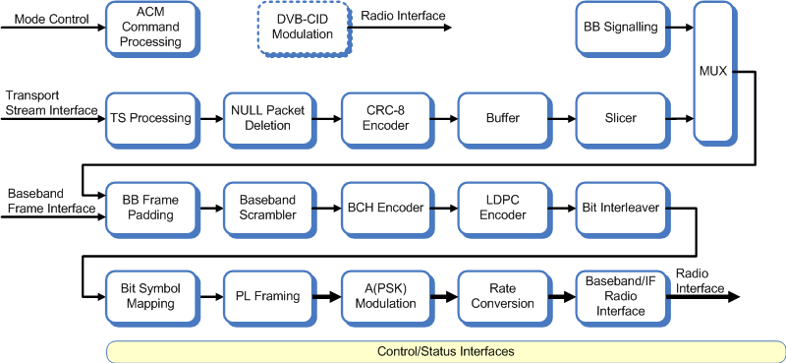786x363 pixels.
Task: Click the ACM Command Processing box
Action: tap(150, 28)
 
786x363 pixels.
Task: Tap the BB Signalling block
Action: tap(621, 28)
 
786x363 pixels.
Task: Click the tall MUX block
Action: tap(712, 71)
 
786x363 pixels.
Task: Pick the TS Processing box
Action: tap(150, 118)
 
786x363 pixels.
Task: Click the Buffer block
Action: tap(503, 118)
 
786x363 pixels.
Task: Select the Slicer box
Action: tap(621, 118)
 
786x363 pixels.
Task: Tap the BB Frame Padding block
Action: tap(150, 208)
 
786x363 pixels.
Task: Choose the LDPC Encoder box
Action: tap(503, 208)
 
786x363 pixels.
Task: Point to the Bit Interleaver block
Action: tap(621, 208)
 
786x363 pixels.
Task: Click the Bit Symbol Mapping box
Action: tap(150, 296)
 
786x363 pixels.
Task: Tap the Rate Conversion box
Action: tap(503, 296)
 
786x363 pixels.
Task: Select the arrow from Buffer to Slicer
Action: tap(560, 119)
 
